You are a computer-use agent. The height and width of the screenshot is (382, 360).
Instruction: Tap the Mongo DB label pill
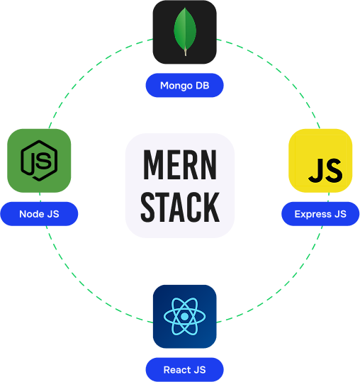coord(185,85)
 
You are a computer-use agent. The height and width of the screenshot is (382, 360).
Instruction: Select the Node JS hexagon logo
coord(39,161)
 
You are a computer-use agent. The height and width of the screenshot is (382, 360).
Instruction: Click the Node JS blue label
coord(39,214)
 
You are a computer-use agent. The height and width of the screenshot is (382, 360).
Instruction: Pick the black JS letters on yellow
coord(325,170)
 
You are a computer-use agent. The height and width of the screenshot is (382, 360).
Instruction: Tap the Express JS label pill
coord(320,214)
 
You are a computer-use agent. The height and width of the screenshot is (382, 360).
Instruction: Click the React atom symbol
coord(185,316)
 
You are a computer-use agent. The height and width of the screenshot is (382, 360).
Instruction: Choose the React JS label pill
coord(185,369)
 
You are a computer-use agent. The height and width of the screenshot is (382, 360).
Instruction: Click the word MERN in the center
coord(180,164)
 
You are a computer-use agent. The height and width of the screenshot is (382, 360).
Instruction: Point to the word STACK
coord(180,207)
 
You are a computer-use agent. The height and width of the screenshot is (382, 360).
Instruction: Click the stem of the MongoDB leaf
coord(186,52)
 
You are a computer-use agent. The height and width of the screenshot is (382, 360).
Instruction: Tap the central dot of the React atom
coord(185,316)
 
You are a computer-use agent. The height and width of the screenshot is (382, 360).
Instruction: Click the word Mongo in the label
coord(176,86)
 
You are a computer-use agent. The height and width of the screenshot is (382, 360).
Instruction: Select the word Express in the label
coord(313,214)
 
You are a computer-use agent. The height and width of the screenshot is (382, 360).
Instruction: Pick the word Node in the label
coord(32,214)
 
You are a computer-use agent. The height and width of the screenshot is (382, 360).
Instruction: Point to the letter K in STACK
coord(211,207)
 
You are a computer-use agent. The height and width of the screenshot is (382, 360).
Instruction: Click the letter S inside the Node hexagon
coord(44,161)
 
